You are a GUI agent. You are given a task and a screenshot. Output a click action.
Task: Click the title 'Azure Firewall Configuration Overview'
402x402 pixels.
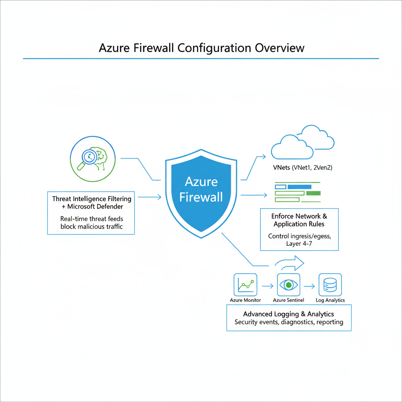(x=201, y=48)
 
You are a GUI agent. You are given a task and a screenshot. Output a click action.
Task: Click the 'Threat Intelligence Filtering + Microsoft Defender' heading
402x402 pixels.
(x=91, y=203)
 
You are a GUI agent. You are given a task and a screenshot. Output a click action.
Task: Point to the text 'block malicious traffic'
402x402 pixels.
(x=91, y=227)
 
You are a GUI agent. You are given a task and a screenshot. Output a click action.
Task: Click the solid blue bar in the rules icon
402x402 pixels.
(x=299, y=187)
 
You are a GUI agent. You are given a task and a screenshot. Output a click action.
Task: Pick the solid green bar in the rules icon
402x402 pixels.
(x=313, y=193)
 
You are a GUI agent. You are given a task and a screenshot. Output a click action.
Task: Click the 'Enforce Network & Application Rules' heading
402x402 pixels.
(x=299, y=220)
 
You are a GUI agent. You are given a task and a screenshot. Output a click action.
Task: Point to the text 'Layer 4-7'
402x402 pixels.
(x=299, y=244)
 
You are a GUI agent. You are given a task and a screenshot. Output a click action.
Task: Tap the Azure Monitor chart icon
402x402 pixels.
(x=245, y=285)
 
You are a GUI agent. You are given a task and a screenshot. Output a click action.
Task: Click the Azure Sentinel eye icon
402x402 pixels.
(x=289, y=285)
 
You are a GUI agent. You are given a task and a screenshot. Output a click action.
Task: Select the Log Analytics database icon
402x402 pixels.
(x=330, y=285)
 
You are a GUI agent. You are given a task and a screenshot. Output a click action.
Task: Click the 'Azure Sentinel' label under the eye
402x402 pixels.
(x=289, y=300)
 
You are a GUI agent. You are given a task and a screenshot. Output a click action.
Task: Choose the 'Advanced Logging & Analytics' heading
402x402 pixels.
(x=289, y=314)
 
